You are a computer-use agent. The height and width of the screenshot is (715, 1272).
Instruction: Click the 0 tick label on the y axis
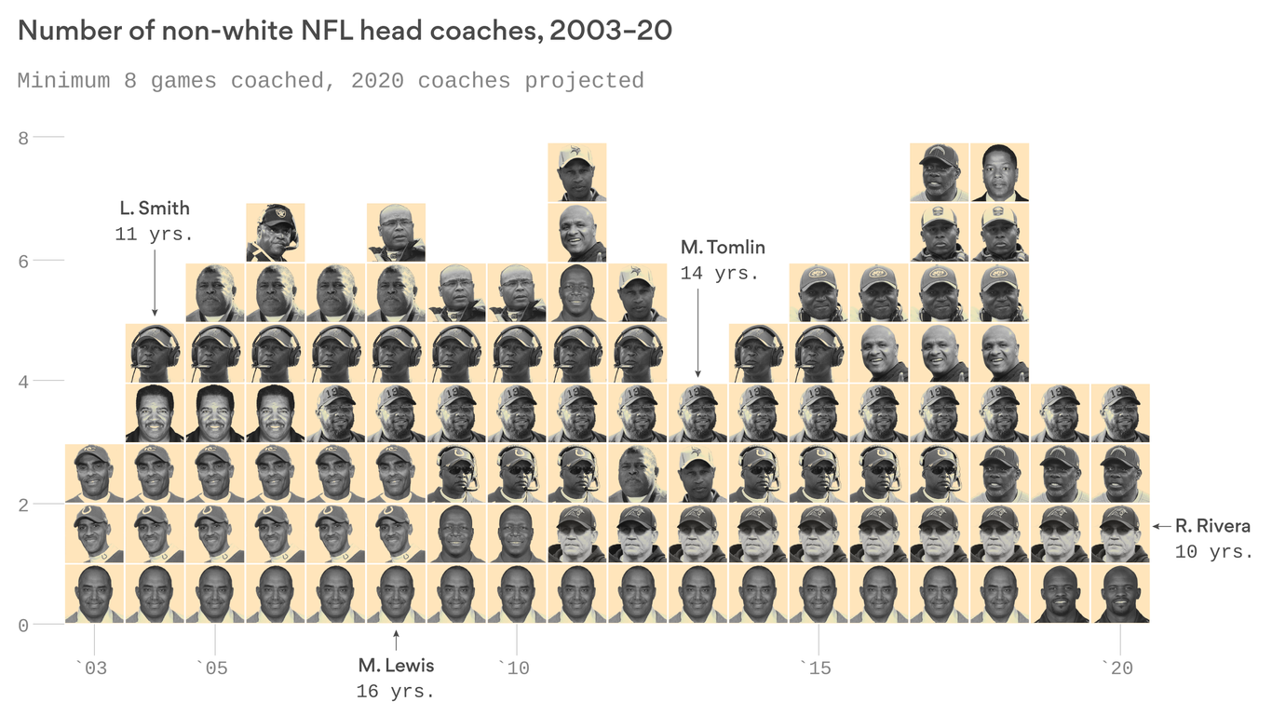pyautogui.click(x=24, y=625)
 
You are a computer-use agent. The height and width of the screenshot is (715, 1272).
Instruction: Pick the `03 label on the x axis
pyautogui.click(x=91, y=668)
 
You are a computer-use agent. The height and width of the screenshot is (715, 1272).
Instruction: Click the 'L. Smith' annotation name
pyautogui.click(x=155, y=208)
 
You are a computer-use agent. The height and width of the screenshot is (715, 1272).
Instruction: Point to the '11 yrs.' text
pyautogui.click(x=155, y=235)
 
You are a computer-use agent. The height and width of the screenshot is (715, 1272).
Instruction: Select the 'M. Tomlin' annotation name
pyautogui.click(x=723, y=247)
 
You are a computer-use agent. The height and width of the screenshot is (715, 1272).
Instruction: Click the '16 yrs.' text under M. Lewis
pyautogui.click(x=396, y=692)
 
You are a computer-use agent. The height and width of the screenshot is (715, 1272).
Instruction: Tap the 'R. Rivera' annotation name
pyautogui.click(x=1212, y=526)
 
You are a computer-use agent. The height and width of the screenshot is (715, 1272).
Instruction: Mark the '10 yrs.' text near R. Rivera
pyautogui.click(x=1213, y=552)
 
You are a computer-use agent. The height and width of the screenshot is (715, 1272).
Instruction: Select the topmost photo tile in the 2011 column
pyautogui.click(x=577, y=172)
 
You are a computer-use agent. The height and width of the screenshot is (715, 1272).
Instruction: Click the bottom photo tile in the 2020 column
pyautogui.click(x=1120, y=594)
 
